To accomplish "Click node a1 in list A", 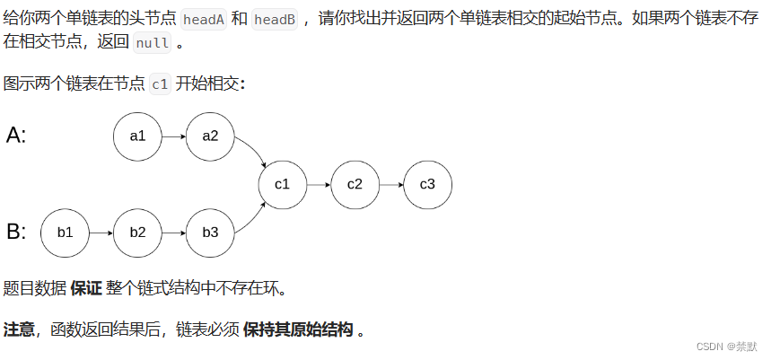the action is coord(137,136).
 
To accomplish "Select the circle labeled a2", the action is coord(210,136).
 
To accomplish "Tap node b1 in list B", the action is coord(65,232).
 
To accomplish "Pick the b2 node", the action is coord(137,232).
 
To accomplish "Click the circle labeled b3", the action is coord(210,232).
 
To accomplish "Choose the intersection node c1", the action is coord(283,184).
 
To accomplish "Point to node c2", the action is coord(355,184).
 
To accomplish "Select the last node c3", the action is coord(427,184).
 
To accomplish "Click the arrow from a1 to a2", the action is coord(173,136).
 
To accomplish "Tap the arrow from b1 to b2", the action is coord(101,232).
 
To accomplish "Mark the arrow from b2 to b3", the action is coord(173,232).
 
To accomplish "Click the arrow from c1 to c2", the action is coord(319,184).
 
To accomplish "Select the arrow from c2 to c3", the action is coord(391,184).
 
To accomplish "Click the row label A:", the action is coord(16,136).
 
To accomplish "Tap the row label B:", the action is coord(16,232).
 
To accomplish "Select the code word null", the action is coord(152,43).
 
